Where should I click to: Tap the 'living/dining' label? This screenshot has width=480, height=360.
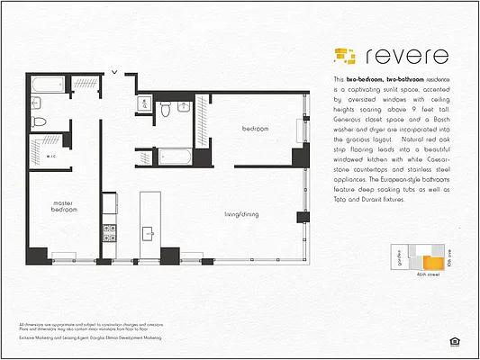click(244, 214)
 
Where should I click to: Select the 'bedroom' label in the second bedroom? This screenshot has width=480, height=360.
click(255, 130)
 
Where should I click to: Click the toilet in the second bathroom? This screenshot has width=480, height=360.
click(165, 109)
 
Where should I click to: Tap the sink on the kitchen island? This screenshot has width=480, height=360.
click(148, 233)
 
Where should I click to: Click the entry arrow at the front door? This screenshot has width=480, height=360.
click(114, 71)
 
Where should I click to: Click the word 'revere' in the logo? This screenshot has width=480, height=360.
click(406, 55)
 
